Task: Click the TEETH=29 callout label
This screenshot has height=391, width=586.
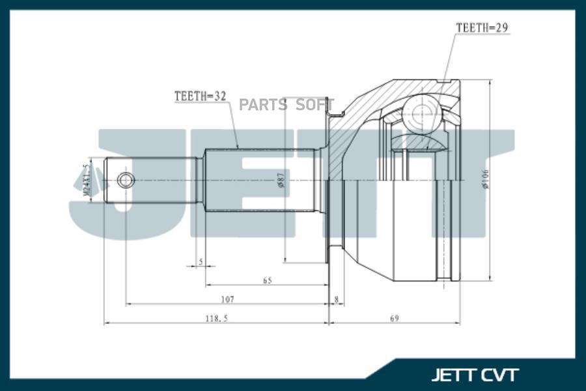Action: click(x=482, y=28)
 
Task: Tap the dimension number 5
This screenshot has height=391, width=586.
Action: click(x=201, y=262)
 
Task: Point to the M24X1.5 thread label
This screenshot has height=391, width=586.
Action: click(x=85, y=180)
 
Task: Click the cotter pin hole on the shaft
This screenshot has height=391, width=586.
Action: click(x=126, y=180)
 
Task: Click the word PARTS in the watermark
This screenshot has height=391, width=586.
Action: click(x=262, y=105)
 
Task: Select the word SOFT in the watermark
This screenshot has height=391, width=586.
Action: click(x=315, y=105)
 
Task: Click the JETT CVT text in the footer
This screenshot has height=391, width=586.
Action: click(x=475, y=375)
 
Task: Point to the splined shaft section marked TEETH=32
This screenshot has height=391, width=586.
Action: click(x=260, y=180)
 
